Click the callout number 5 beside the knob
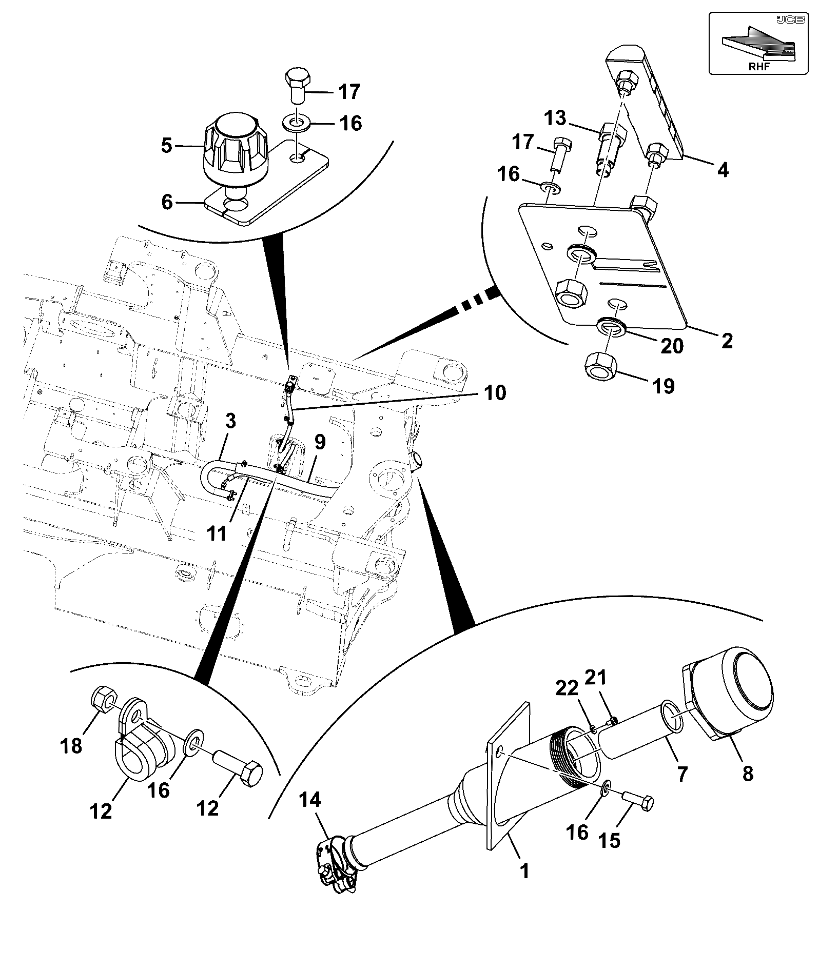pos(166,146)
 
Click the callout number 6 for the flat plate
pos(167,202)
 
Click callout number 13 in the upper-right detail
pos(555,118)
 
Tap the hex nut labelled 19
pos(601,367)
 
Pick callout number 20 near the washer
pos(672,346)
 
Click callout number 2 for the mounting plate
pos(727,341)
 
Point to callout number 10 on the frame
pos(494,392)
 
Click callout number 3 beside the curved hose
pos(230,422)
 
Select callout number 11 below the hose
pos(217,534)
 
